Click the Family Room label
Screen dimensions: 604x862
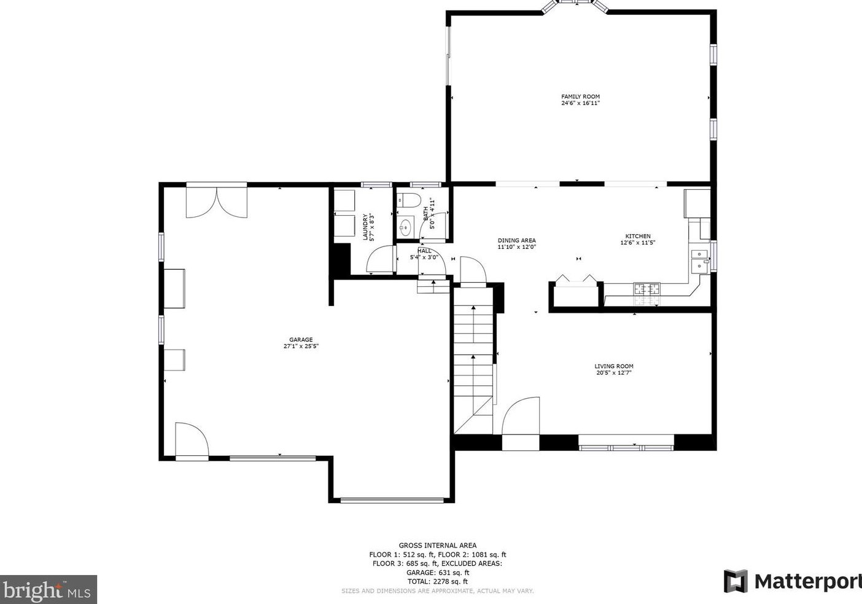coord(580,96)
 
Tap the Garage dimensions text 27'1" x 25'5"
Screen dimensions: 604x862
coord(301,347)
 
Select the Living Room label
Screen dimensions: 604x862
coord(613,366)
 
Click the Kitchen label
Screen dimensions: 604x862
coord(638,236)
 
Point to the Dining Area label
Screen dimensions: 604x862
coord(516,240)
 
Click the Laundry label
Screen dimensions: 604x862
coord(365,227)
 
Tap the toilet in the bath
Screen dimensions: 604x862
coord(408,200)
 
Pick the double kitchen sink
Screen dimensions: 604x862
coord(699,260)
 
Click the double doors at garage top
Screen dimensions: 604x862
coord(216,201)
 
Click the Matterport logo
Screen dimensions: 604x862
coord(792,581)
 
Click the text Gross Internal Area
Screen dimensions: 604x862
coord(437,545)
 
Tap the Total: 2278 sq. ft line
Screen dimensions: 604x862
coord(437,581)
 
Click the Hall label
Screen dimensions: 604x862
coord(424,251)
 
